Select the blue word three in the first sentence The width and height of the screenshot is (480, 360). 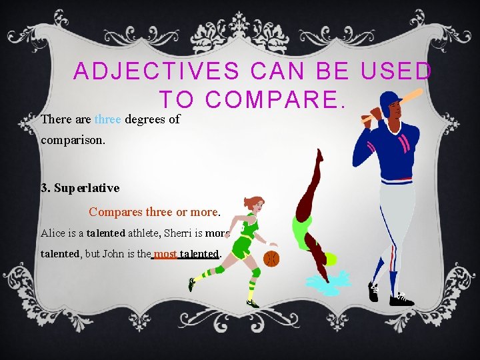coord(107,120)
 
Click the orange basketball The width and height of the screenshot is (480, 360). coord(271,258)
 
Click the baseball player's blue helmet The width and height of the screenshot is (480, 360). coord(388,101)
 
